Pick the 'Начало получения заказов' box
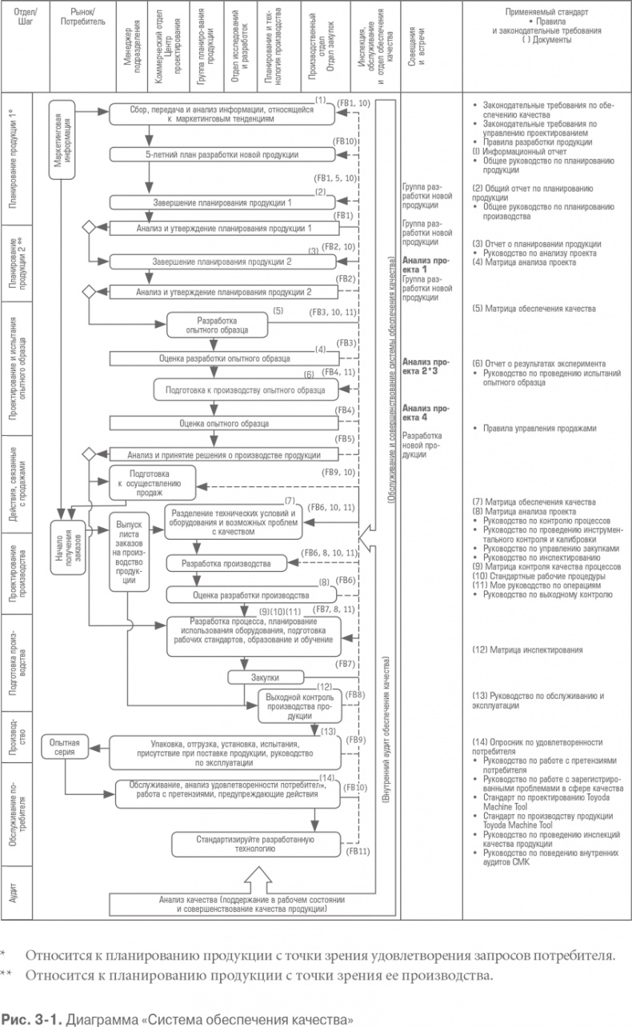click(x=70, y=550)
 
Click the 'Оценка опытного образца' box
click(x=223, y=423)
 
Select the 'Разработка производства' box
click(x=225, y=563)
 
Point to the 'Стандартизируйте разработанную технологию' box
click(x=255, y=845)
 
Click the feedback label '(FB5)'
click(x=345, y=439)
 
